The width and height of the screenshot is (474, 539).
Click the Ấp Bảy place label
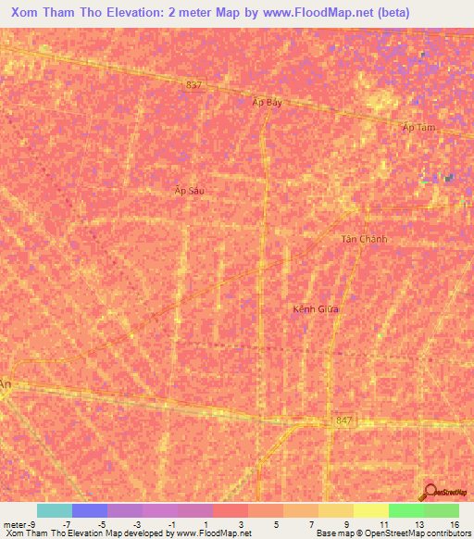pyautogui.click(x=267, y=103)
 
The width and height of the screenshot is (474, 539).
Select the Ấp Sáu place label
pyautogui.click(x=188, y=190)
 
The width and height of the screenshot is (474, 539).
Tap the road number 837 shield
pyautogui.click(x=193, y=84)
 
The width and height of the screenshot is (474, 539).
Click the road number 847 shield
pyautogui.click(x=344, y=420)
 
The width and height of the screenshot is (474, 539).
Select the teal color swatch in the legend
pyautogui.click(x=54, y=510)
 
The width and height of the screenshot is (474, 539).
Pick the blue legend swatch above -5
pyautogui.click(x=90, y=510)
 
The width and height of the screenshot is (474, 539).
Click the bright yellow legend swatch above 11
pyautogui.click(x=371, y=510)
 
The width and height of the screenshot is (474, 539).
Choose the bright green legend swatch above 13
pyautogui.click(x=406, y=510)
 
